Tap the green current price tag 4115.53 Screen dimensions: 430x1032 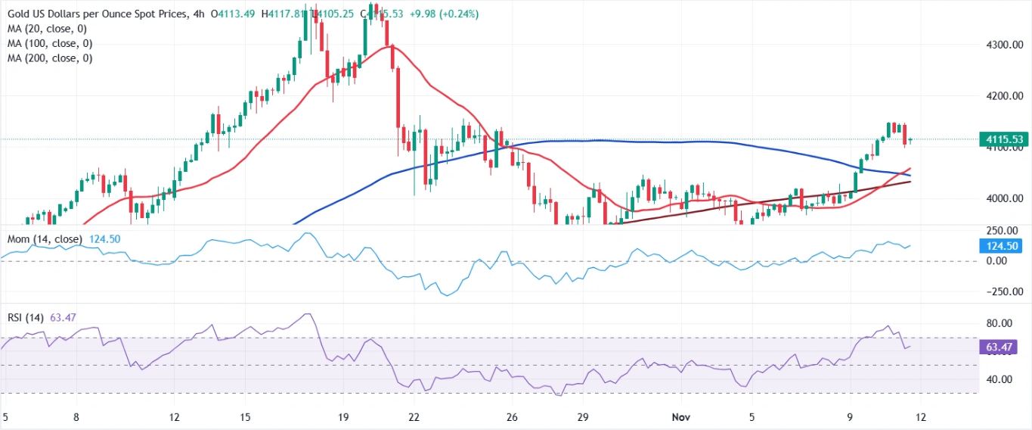[x=1003, y=139]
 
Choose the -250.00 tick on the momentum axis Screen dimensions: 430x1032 [x=999, y=291]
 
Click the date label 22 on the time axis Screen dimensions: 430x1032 [x=414, y=417]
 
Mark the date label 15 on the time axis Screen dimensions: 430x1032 [x=245, y=417]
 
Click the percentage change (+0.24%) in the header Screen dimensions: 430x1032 [x=456, y=14]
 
